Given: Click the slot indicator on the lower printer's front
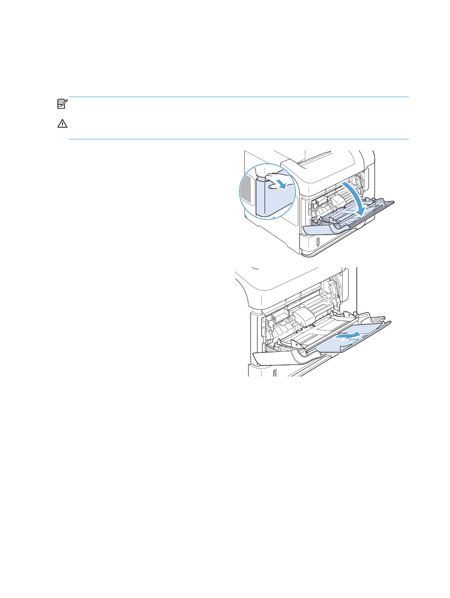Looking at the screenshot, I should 275,373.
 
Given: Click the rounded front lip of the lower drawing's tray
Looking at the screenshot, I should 282,358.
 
